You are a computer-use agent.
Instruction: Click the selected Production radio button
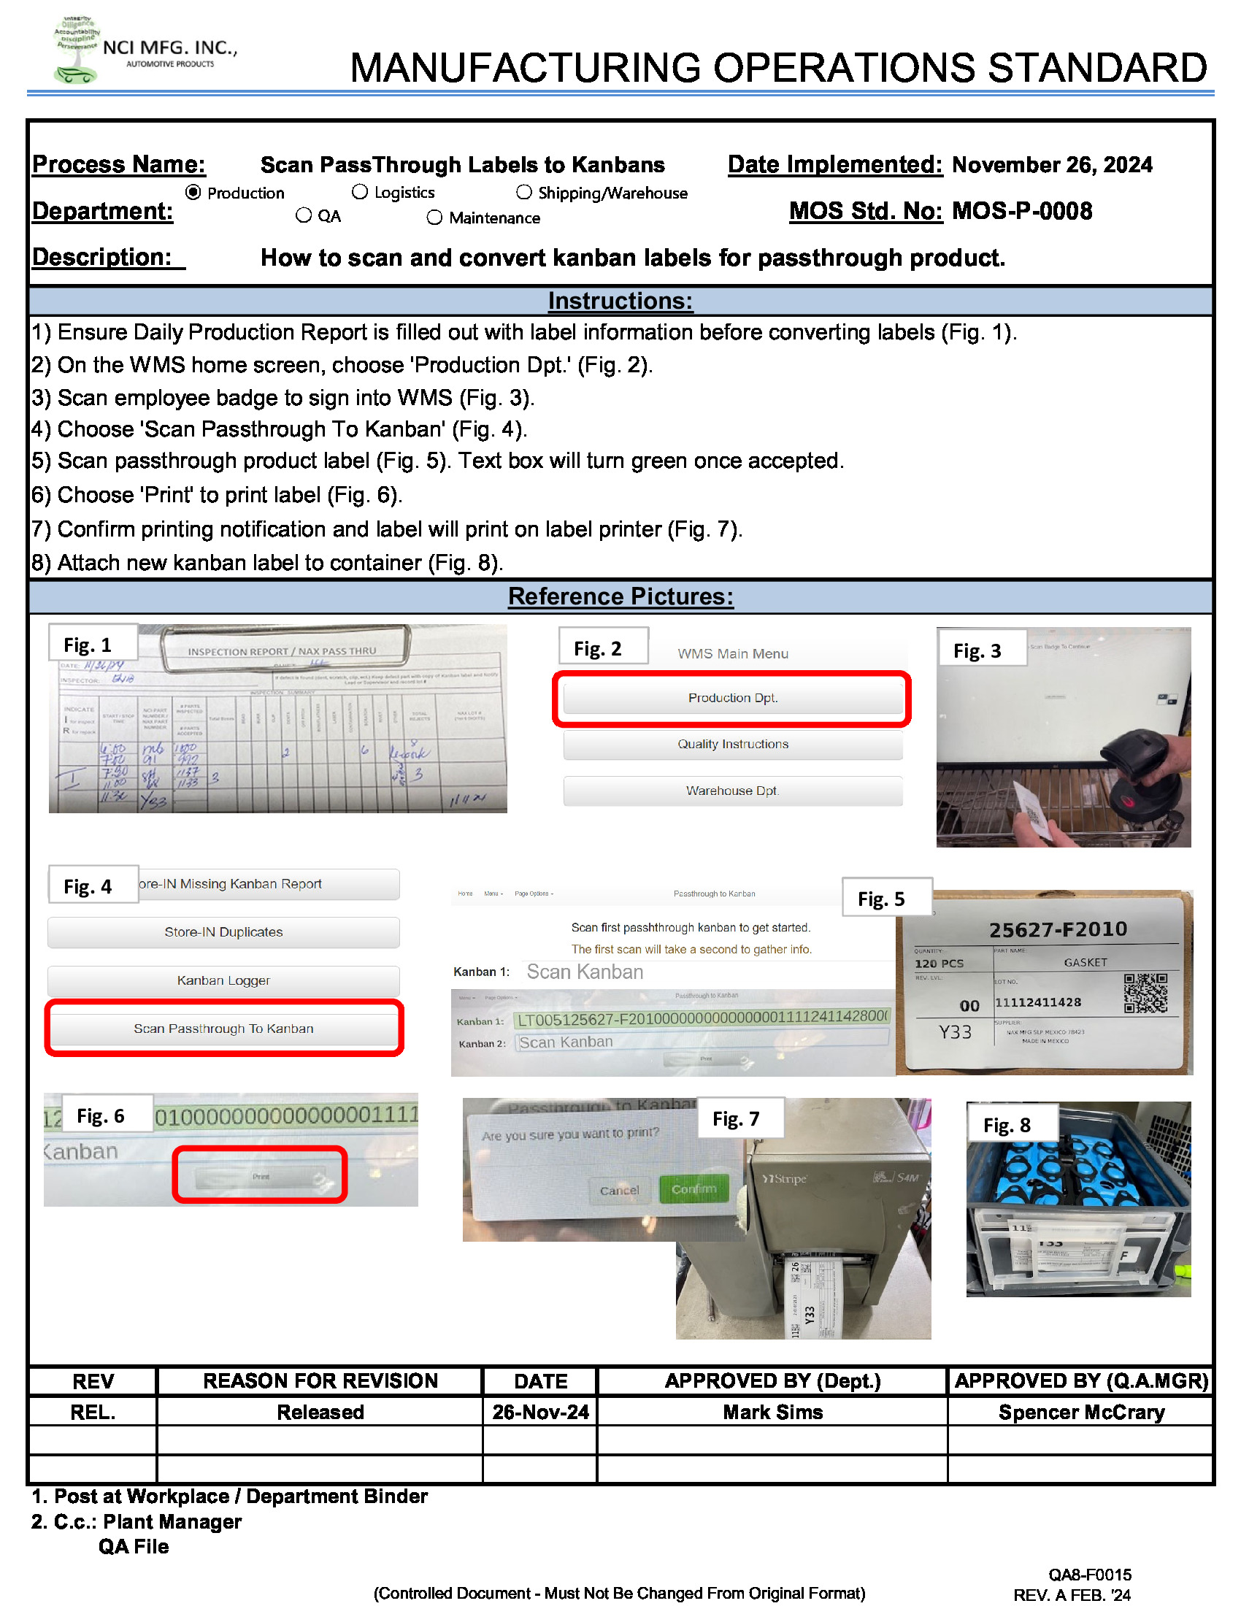tap(193, 193)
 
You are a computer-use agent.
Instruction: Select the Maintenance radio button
tap(434, 218)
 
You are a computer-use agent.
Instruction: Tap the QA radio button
tap(304, 215)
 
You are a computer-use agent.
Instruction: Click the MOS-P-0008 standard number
tap(1021, 212)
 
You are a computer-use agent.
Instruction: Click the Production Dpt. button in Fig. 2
tap(732, 698)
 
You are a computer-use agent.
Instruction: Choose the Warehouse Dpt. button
tap(732, 791)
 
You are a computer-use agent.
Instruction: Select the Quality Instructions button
tap(732, 744)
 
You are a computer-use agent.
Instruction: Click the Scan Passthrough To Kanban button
tap(223, 1028)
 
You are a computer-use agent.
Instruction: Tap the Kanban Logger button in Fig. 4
tap(223, 980)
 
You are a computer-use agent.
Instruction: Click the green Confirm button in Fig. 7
tap(693, 1189)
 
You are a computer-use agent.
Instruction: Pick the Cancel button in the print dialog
tap(619, 1190)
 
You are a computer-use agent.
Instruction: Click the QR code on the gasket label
tap(1145, 993)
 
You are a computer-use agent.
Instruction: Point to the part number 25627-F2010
tap(1057, 929)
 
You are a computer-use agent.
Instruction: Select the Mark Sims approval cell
tap(772, 1412)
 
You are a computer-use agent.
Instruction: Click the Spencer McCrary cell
tap(1080, 1412)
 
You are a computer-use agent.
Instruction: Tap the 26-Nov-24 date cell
tap(540, 1412)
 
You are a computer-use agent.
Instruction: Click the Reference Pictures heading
tap(620, 596)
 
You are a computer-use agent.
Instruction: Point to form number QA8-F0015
tap(1089, 1575)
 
